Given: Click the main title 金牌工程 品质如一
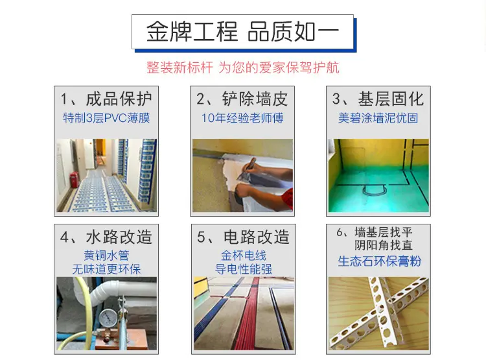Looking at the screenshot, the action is pyautogui.click(x=242, y=31).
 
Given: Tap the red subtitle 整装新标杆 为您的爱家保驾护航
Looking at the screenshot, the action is pyautogui.click(x=243, y=67).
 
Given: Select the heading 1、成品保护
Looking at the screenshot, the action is pyautogui.click(x=106, y=99).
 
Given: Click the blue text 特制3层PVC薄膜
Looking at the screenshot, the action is pyautogui.click(x=106, y=118).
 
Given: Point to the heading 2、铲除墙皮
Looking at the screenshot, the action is pyautogui.click(x=242, y=99).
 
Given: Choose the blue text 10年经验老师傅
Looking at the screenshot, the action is pyautogui.click(x=242, y=118).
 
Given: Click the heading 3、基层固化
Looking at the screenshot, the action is pyautogui.click(x=378, y=99).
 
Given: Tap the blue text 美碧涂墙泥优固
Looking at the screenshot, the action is pyautogui.click(x=378, y=118).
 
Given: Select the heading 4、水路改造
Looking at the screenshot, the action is pyautogui.click(x=106, y=237).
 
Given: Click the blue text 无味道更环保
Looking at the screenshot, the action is pyautogui.click(x=106, y=269).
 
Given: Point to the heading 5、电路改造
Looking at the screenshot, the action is pyautogui.click(x=243, y=237).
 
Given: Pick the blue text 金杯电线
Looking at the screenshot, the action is pyautogui.click(x=243, y=256).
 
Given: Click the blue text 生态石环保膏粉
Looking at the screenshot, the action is pyautogui.click(x=379, y=261).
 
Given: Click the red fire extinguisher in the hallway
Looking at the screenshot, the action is pyautogui.click(x=74, y=180).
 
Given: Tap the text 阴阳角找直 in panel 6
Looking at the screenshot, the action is pyautogui.click(x=384, y=245).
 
